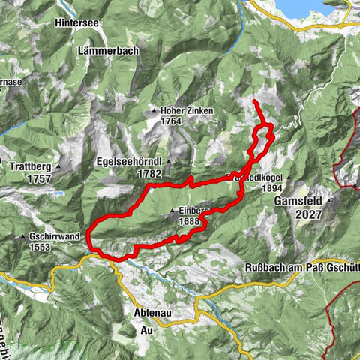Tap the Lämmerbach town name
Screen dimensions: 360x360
click(x=106, y=52)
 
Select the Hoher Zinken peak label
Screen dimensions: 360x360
click(x=187, y=111)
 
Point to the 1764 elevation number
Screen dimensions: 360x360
click(x=172, y=121)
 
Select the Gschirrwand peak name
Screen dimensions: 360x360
click(x=55, y=236)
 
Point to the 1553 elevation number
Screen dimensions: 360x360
click(x=45, y=247)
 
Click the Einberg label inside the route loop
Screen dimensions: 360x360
click(x=195, y=211)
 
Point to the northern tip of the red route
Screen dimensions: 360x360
click(x=255, y=100)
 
